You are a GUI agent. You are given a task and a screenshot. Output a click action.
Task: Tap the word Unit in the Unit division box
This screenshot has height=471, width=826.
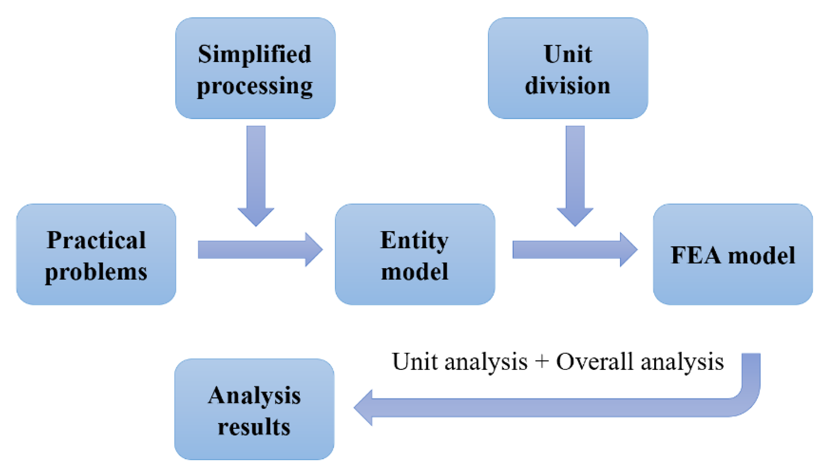pyautogui.click(x=568, y=54)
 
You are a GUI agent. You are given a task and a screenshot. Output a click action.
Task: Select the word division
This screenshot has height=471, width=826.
pyautogui.click(x=568, y=86)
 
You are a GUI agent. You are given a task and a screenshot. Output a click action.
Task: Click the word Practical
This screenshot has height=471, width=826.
pyautogui.click(x=96, y=240)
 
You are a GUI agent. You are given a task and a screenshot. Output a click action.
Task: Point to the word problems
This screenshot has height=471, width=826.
pyautogui.click(x=96, y=272)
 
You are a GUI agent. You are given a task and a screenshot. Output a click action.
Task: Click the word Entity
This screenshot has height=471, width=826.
pyautogui.click(x=414, y=240)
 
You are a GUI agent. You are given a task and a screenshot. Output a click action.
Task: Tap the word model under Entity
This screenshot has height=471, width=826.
pyautogui.click(x=414, y=272)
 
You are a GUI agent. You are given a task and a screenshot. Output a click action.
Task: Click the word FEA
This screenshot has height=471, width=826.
pyautogui.click(x=696, y=256)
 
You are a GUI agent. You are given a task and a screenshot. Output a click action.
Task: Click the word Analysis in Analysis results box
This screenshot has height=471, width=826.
pyautogui.click(x=254, y=395)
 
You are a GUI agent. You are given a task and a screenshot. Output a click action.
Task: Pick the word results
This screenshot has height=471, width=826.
pyautogui.click(x=254, y=427)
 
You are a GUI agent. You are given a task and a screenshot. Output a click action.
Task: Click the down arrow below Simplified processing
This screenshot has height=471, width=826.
pyautogui.click(x=256, y=175)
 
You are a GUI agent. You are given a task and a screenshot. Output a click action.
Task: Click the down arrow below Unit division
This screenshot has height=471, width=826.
pyautogui.click(x=575, y=175)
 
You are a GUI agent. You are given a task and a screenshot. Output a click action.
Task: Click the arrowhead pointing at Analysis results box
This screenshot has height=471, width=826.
pyautogui.click(x=364, y=407)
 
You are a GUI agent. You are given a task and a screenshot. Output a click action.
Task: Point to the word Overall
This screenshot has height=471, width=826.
pyautogui.click(x=594, y=361)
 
